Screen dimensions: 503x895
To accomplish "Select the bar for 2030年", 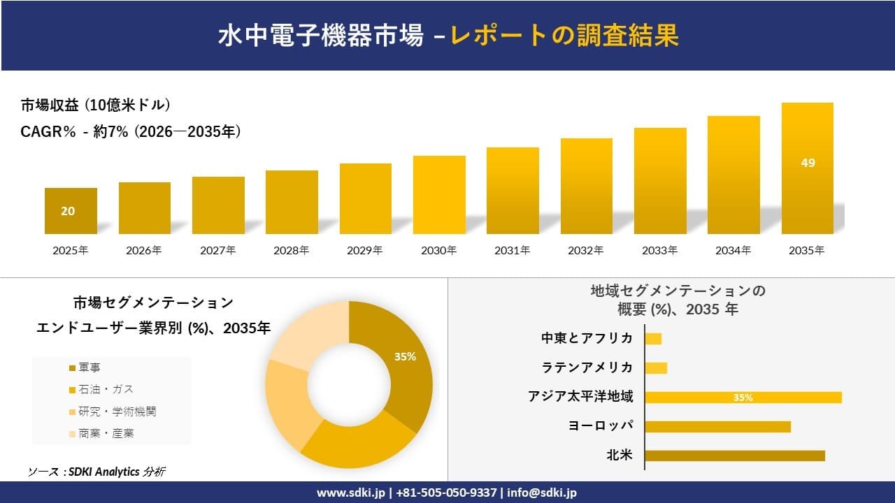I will coord(439,195).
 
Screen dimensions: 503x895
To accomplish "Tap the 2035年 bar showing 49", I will coord(808,168).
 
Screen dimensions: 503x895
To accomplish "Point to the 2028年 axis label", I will coord(292,250).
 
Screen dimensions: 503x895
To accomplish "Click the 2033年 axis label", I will coord(660,250).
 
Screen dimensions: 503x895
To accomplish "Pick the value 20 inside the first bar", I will coord(68,211).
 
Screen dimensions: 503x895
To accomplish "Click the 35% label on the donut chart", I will coord(405,356).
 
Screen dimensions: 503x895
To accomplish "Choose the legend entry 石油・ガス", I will coord(101,389).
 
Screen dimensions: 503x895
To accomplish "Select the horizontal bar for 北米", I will coord(734,455).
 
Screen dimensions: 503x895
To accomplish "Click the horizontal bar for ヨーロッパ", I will coord(717,426).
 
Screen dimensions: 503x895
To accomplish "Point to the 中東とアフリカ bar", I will coord(653,339).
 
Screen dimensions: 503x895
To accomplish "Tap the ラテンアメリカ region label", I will coord(587,367).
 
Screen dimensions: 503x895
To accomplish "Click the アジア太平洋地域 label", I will coord(580,397).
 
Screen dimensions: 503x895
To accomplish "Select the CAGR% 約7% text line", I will coord(131,131).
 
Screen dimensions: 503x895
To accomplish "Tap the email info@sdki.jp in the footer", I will coord(542,493).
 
